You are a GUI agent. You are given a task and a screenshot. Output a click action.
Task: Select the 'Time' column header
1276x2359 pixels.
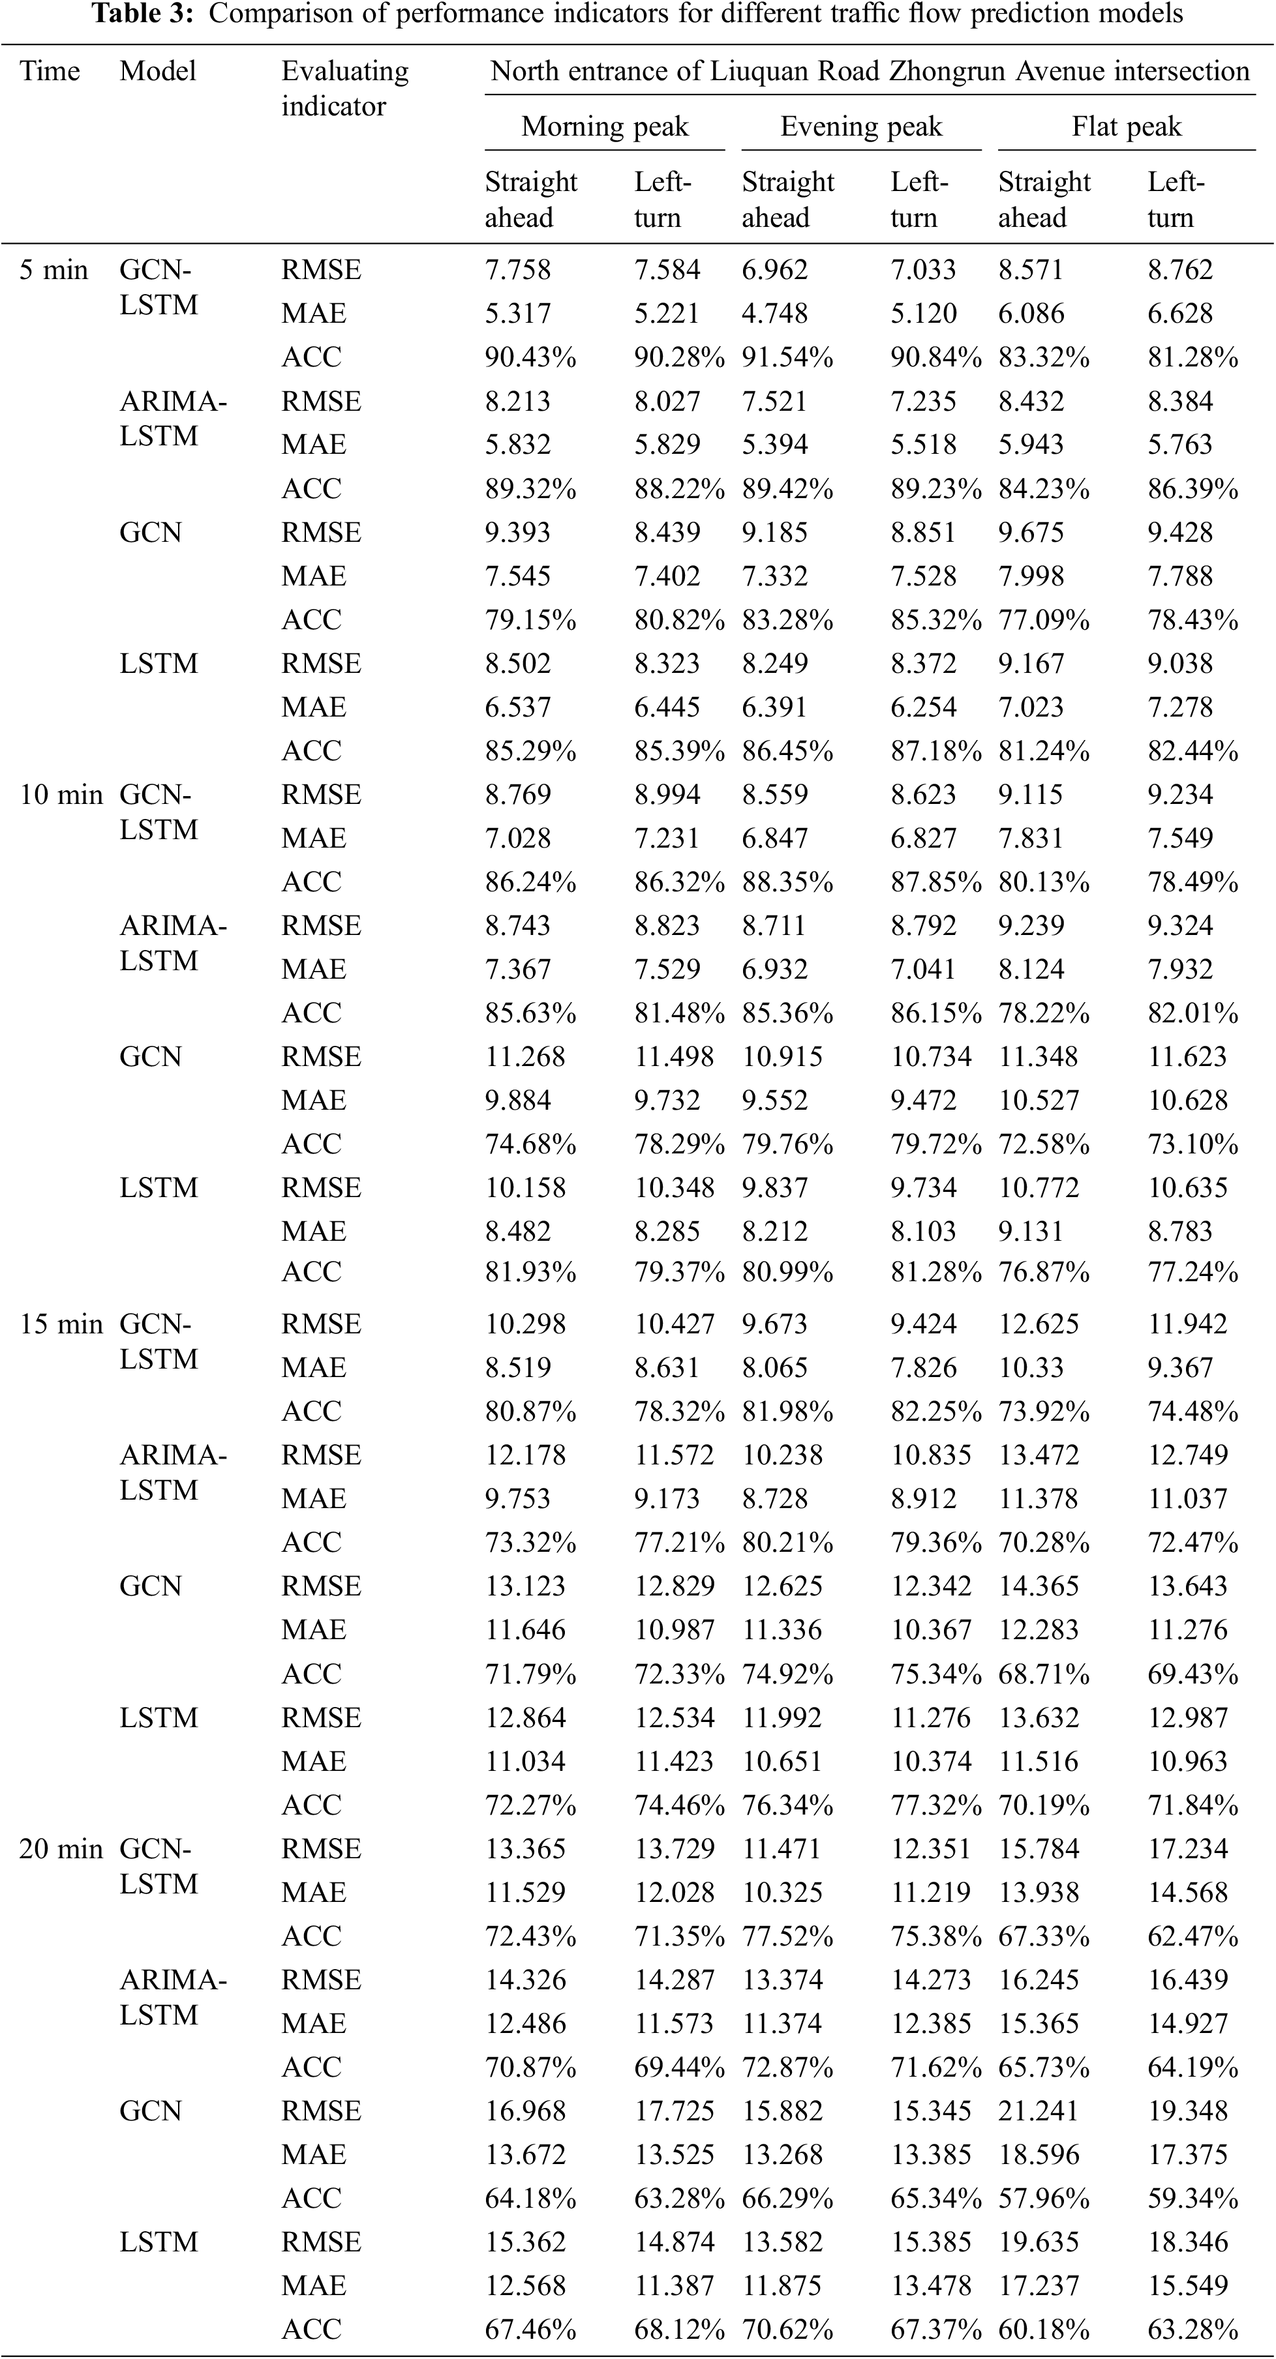click(x=50, y=72)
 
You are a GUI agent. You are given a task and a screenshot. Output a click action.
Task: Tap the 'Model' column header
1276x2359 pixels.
click(x=158, y=72)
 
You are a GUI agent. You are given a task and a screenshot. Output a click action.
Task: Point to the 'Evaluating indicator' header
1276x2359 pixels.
click(x=344, y=89)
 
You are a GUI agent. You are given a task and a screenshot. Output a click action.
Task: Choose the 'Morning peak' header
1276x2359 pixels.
click(x=605, y=126)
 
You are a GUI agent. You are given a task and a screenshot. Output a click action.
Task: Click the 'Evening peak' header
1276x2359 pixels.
click(x=861, y=126)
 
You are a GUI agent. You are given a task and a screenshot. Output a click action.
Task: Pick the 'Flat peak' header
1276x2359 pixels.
click(x=1127, y=126)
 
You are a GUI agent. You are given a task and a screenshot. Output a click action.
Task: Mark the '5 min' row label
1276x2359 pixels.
click(x=54, y=270)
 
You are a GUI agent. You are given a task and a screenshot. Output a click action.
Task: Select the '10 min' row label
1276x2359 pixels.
click(x=61, y=795)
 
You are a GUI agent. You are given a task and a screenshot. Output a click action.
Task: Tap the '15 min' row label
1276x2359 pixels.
click(x=61, y=1324)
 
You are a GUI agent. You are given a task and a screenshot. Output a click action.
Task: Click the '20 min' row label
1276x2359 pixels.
click(x=61, y=1849)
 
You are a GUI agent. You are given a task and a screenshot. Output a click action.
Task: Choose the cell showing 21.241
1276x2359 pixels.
click(x=1038, y=2111)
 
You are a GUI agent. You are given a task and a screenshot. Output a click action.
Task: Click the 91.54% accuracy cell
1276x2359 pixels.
click(x=787, y=357)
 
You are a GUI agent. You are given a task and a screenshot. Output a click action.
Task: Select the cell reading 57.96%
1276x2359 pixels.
click(x=1043, y=2198)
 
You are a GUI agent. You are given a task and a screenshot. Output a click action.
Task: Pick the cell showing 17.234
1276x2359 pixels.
click(x=1188, y=1849)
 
